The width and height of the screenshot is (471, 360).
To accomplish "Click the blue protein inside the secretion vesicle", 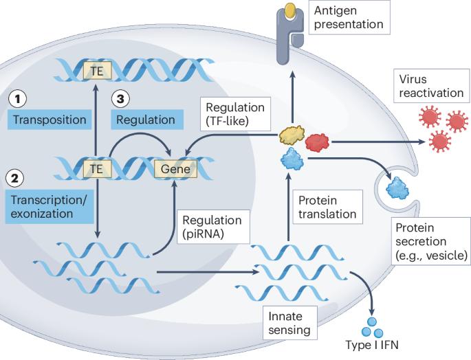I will (398, 186).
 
